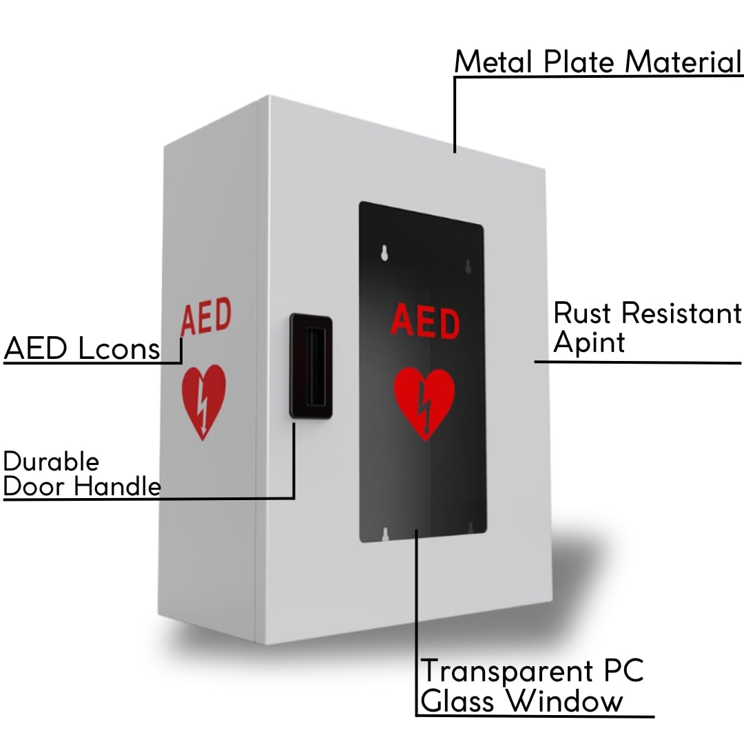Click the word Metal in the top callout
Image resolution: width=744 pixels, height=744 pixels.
(493, 62)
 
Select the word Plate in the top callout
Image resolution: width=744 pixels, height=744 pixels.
(579, 62)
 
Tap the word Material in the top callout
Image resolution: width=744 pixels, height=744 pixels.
(683, 62)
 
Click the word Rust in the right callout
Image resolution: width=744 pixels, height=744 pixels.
(581, 313)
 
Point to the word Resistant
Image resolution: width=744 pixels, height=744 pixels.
(681, 313)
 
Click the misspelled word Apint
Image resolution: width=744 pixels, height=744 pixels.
(589, 342)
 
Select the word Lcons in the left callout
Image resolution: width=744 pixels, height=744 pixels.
(119, 349)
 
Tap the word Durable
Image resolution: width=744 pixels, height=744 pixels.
(51, 461)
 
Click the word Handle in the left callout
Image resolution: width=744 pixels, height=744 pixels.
(118, 486)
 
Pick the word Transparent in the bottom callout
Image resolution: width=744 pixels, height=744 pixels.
(507, 672)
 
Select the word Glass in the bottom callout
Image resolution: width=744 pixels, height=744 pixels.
(457, 701)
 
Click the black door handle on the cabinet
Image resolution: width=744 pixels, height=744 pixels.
(311, 366)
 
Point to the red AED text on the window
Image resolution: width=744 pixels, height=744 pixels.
(425, 321)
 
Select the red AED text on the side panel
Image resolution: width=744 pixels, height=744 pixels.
(206, 316)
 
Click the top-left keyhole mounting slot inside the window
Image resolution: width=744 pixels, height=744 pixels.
(384, 253)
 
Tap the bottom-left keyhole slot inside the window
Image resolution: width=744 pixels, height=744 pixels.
(385, 535)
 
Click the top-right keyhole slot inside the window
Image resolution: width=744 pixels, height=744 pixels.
(468, 267)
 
